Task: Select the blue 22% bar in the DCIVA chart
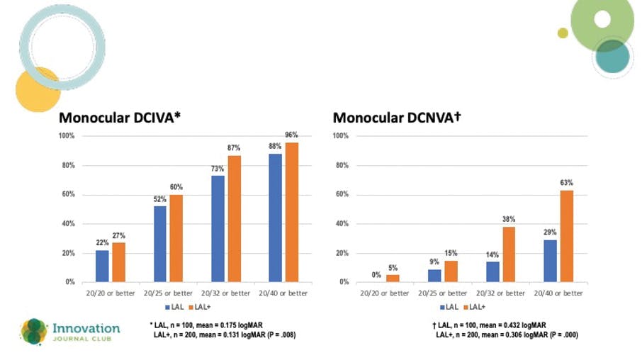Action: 102,266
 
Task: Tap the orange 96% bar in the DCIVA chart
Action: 292,212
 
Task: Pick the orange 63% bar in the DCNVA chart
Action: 566,236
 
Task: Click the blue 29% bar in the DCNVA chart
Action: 550,261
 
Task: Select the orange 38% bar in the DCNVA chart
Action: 509,254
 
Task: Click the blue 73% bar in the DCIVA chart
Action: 218,228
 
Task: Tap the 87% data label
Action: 235,147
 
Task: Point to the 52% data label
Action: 159,198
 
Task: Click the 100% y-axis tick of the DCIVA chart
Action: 67,136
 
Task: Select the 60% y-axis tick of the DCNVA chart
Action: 342,195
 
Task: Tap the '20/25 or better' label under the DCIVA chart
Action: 168,293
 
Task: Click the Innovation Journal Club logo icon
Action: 33,331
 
